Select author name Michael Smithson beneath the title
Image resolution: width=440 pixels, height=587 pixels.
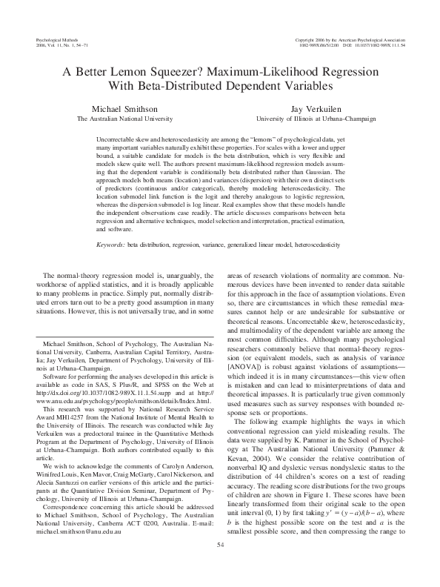pyautogui.click(x=121, y=110)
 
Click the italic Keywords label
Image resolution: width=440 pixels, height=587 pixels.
pyautogui.click(x=111, y=244)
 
